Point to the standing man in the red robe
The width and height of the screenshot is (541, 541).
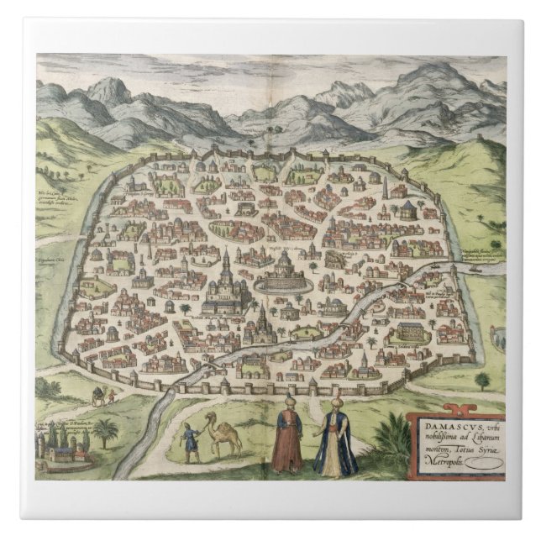(x=286, y=436)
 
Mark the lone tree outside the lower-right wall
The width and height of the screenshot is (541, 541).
(x=481, y=380)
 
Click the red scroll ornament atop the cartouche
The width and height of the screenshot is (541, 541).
(x=454, y=410)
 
